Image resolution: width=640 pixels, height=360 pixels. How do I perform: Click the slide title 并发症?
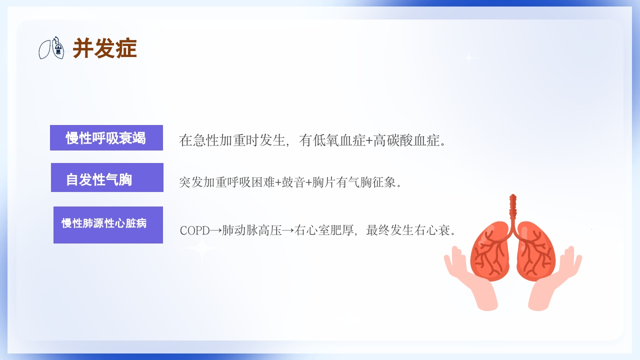104,49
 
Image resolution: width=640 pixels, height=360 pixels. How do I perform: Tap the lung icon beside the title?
51,48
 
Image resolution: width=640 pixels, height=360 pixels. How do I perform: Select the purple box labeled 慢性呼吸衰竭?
106,138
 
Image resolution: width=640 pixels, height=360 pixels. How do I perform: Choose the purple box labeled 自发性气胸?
107,177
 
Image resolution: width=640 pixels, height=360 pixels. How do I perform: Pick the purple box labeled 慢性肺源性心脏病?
108,224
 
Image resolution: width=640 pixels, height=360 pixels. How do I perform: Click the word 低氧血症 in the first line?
338,140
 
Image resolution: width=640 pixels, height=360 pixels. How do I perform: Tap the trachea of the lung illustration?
512,207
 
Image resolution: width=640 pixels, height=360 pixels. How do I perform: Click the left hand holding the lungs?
470,280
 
